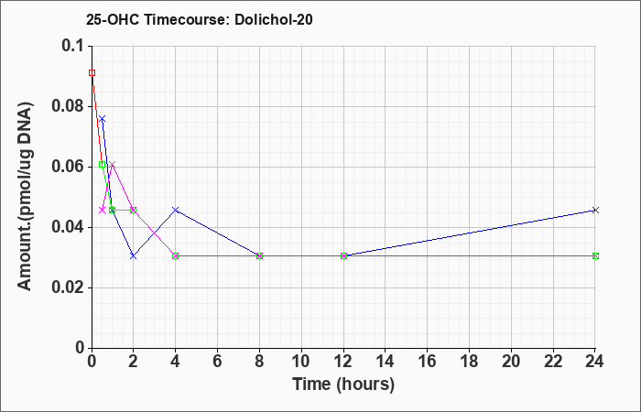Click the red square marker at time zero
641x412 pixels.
(x=92, y=72)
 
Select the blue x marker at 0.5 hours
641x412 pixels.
(x=103, y=118)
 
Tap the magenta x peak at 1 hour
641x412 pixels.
(x=113, y=164)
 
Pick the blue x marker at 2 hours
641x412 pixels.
(x=134, y=255)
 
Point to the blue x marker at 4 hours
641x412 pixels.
(x=176, y=210)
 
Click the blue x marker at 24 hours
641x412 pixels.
(x=595, y=210)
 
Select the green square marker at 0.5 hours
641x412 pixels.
(x=103, y=164)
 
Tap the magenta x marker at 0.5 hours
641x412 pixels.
(x=103, y=210)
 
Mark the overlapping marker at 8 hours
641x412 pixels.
(x=259, y=255)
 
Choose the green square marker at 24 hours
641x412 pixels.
(x=595, y=255)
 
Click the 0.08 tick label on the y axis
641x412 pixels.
(x=69, y=106)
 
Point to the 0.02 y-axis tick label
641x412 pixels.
(x=69, y=287)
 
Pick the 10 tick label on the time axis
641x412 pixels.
(x=301, y=362)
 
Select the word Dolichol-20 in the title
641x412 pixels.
(x=274, y=19)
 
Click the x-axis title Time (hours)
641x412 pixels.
(x=343, y=385)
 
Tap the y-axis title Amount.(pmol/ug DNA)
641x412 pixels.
(x=25, y=197)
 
